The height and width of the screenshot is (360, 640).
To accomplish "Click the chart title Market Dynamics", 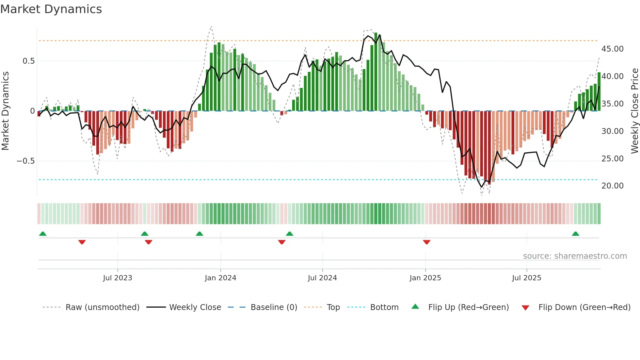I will (x=51, y=9).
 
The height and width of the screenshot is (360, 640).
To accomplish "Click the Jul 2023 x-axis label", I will (x=118, y=278).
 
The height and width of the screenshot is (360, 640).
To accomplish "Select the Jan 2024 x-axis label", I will (x=220, y=278).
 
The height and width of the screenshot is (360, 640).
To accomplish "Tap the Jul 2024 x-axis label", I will (x=322, y=278).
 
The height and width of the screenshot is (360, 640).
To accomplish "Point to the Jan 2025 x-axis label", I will (x=425, y=278).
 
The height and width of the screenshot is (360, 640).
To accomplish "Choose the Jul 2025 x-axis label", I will (x=526, y=278).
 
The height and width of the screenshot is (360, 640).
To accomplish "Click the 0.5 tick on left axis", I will (x=28, y=61).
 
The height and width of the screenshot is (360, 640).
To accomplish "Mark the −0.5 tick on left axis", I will (x=25, y=161).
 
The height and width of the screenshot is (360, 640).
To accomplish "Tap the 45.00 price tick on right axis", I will (x=612, y=49).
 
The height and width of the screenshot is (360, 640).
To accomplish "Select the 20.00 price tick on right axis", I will (x=612, y=186).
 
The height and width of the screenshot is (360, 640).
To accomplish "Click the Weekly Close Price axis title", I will (x=634, y=111).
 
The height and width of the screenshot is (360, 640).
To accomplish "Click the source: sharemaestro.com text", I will (x=575, y=256).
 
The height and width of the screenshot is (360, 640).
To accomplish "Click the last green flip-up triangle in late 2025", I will (x=575, y=234).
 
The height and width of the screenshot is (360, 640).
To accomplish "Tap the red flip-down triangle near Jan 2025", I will (x=426, y=242).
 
